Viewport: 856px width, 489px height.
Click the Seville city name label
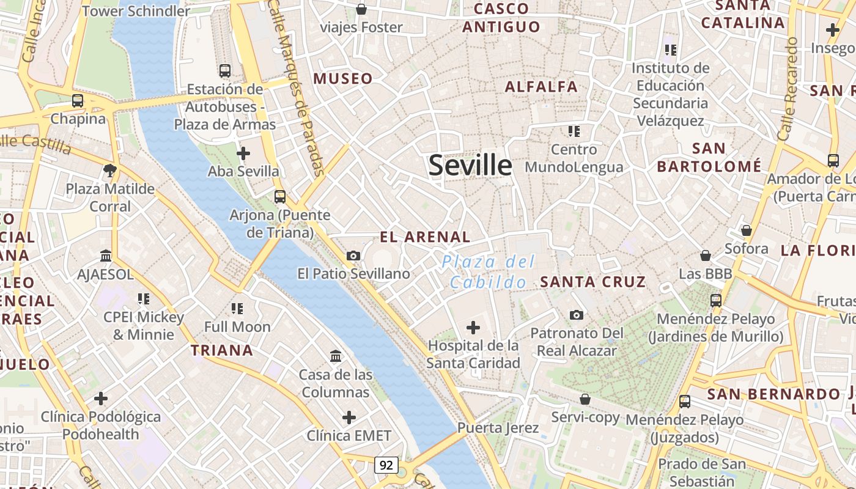coord(470,165)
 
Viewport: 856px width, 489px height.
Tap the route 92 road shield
coord(386,465)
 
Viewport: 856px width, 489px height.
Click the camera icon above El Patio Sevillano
coord(353,256)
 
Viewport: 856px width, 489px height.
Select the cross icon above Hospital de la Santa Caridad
coord(473,328)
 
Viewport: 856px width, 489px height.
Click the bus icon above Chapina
coord(78,101)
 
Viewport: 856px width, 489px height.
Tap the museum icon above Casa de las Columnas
coord(336,356)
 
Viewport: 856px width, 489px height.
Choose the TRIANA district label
coord(221,350)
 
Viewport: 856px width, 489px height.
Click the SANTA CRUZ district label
coord(593,282)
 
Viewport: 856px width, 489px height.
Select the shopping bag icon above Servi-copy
coord(585,399)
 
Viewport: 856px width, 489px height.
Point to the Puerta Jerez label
coord(498,427)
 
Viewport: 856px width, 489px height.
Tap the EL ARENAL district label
coord(425,237)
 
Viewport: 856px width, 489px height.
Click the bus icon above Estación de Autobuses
coord(225,71)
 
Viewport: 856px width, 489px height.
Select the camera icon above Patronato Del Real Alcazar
coord(576,315)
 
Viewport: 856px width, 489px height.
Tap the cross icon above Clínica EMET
coord(349,417)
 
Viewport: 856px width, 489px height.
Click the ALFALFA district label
coord(541,87)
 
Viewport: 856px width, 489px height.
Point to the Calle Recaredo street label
coord(788,89)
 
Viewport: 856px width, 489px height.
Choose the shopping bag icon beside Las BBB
coord(706,256)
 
